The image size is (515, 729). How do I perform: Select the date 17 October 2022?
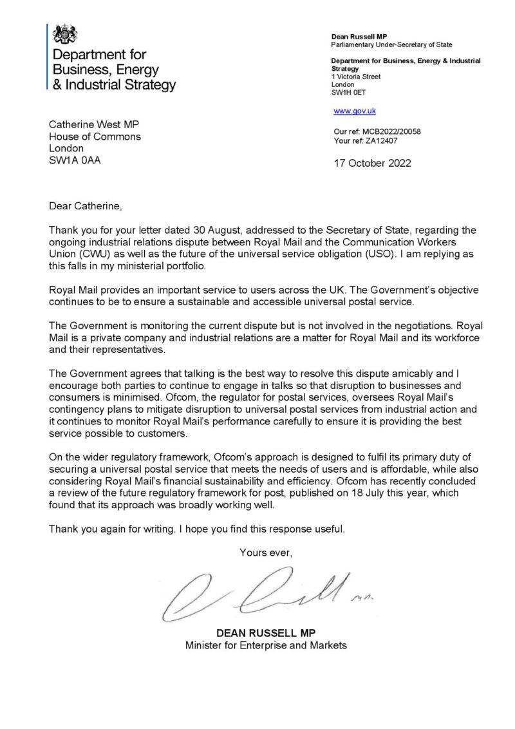371,163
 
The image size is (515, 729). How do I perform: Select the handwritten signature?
264,594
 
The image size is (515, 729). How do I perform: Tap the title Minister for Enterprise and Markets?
266,645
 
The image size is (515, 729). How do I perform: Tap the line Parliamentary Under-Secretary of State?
391,45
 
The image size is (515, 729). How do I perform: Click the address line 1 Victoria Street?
355,77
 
